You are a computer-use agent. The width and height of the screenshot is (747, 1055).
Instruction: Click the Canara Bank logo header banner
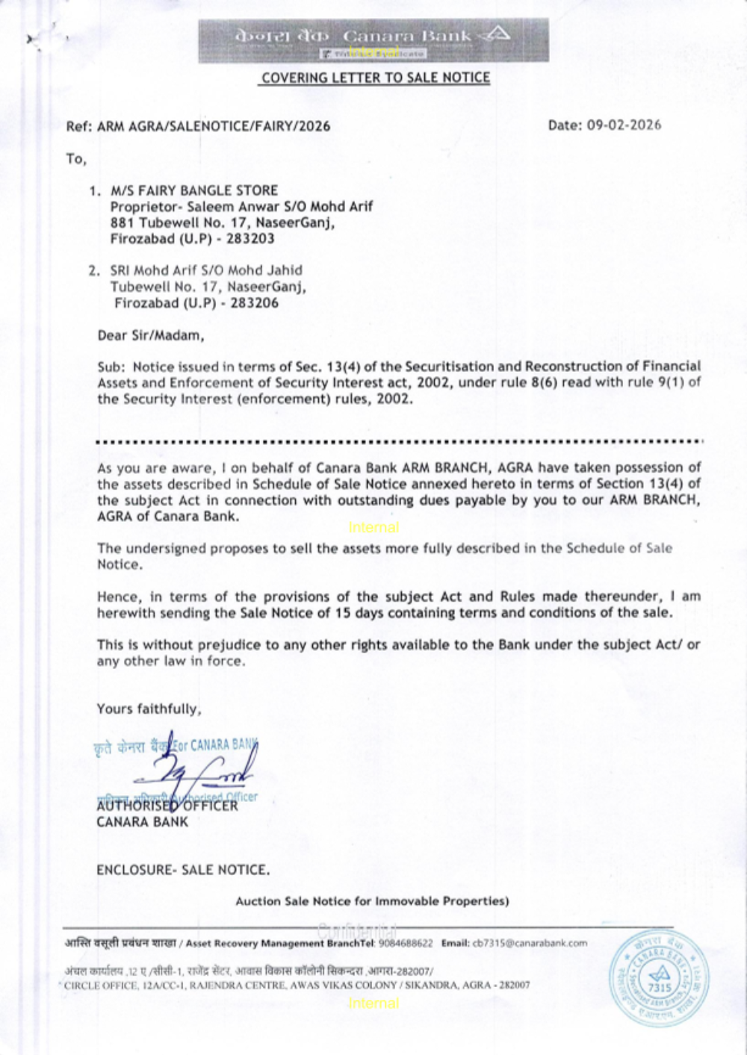(373, 40)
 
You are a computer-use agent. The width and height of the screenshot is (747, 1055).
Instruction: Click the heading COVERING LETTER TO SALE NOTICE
(376, 78)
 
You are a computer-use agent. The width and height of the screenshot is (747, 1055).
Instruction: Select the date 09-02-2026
(624, 125)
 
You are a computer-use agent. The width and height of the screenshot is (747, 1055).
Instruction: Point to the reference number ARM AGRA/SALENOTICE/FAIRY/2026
(213, 126)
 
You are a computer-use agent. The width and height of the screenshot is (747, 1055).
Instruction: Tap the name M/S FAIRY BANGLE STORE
(194, 190)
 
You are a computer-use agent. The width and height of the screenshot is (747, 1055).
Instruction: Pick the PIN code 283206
(255, 303)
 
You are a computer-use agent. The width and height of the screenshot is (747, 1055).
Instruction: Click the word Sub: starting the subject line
(111, 367)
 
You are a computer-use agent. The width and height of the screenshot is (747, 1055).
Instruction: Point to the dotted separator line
(400, 442)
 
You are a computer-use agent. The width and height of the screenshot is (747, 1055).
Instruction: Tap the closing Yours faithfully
(149, 709)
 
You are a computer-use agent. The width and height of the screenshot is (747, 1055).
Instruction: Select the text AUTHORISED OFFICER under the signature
(167, 806)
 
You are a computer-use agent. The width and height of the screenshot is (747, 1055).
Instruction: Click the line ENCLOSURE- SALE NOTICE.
(183, 870)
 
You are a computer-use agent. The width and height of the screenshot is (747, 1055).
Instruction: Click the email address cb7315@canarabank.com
(530, 943)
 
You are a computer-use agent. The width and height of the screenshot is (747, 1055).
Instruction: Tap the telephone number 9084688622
(406, 943)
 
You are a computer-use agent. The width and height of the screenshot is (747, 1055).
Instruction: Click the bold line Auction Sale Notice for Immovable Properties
(372, 901)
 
